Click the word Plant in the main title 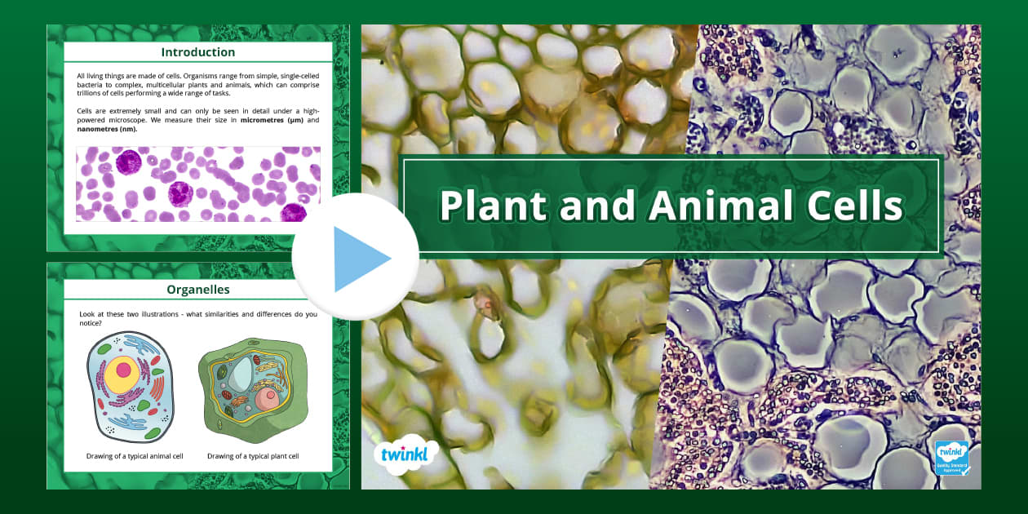pos(491,206)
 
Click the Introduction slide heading pos(197,52)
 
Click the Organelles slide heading pos(197,289)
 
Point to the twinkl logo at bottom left pos(405,454)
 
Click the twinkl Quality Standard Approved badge pos(951,458)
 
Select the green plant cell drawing pos(252,388)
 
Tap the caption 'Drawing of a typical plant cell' pos(253,456)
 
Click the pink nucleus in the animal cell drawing pos(124,370)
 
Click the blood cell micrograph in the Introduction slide pos(197,184)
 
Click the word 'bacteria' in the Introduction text pos(91,85)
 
